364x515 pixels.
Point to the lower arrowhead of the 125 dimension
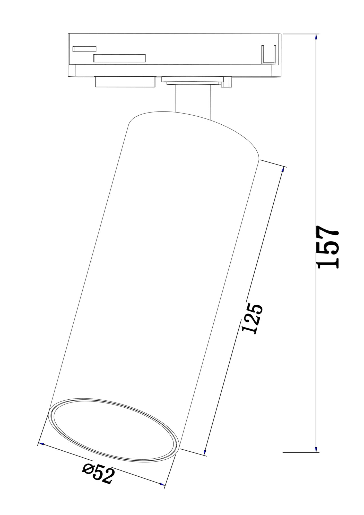(x=205, y=452)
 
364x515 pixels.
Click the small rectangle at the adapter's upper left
(x=84, y=49)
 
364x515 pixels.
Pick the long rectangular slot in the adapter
(x=119, y=58)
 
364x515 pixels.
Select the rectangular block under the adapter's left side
(x=125, y=82)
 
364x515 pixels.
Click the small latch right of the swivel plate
(x=228, y=82)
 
